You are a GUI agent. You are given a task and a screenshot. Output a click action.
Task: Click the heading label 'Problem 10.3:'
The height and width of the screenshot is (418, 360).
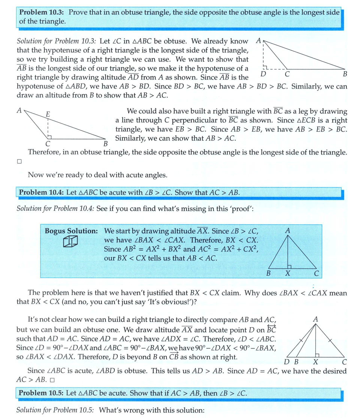coord(43,12)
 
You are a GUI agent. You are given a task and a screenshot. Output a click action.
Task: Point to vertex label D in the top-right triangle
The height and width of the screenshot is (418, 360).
coord(264,74)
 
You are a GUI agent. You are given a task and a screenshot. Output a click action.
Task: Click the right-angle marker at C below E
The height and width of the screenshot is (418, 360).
coord(50,137)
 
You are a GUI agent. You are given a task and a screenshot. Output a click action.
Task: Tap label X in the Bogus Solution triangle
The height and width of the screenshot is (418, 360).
coord(287,274)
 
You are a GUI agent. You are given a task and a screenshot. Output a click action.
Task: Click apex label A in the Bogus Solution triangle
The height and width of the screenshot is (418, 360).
coord(287,231)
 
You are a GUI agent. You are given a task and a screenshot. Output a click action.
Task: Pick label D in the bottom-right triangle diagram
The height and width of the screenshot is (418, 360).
coord(286,362)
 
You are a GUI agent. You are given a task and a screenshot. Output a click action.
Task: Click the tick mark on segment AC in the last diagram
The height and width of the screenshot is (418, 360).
coord(330,340)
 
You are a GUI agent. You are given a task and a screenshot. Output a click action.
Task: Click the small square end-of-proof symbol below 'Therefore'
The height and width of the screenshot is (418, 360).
coord(19,162)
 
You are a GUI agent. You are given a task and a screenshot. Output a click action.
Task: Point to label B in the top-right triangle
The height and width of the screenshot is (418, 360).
coord(345,74)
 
